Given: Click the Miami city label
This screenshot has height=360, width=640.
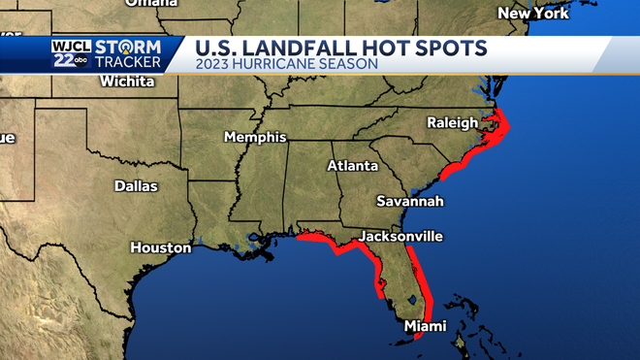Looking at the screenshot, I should pyautogui.click(x=426, y=326).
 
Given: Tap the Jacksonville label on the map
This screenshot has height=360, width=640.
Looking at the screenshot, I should pyautogui.click(x=400, y=237).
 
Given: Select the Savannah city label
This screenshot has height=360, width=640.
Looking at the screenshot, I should pyautogui.click(x=410, y=201).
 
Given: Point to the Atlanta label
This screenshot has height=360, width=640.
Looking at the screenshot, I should pyautogui.click(x=352, y=166).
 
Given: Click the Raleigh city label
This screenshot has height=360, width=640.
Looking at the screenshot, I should pyautogui.click(x=453, y=123).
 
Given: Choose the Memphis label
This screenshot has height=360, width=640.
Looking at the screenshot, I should pyautogui.click(x=255, y=137).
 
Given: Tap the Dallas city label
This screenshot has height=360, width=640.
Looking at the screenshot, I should pyautogui.click(x=136, y=185).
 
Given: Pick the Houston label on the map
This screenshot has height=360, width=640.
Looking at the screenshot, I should pyautogui.click(x=161, y=247).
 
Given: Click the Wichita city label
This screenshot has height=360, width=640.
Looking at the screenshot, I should pyautogui.click(x=128, y=82).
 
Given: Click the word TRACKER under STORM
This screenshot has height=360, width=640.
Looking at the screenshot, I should pyautogui.click(x=135, y=63).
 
